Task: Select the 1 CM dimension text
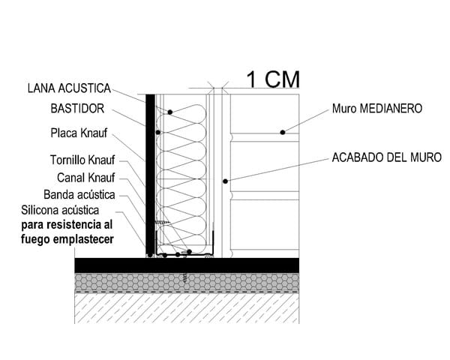[x=274, y=78]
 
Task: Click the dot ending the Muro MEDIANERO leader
[x=283, y=133]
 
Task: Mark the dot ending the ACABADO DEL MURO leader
[x=224, y=181]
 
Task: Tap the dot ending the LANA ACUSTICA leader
[x=170, y=112]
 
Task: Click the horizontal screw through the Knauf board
[x=161, y=223]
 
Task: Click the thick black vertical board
[x=150, y=172]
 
